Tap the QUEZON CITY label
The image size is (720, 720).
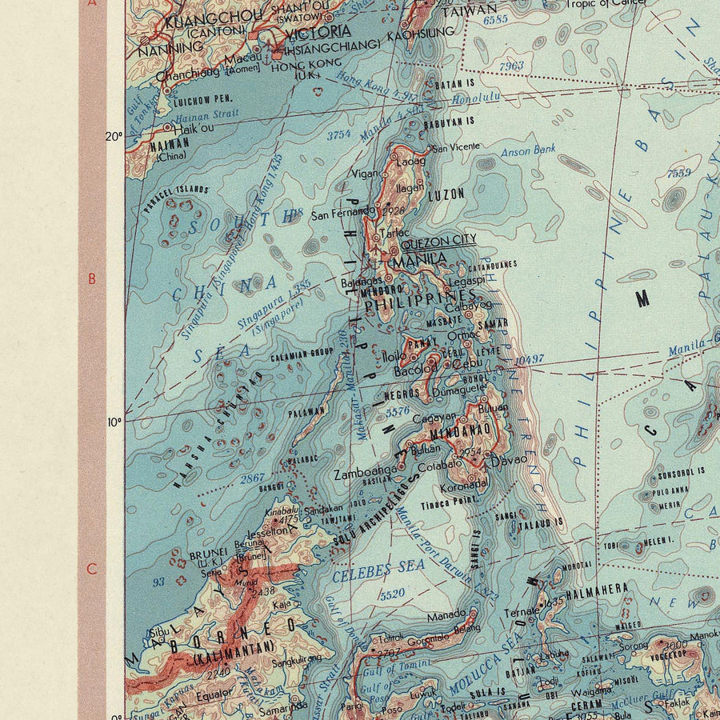coord(437,240)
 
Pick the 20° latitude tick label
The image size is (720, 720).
coord(114,135)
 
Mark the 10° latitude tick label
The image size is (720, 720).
coord(114,422)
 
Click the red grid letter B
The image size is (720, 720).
coord(92,279)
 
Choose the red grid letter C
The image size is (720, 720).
coord(92,570)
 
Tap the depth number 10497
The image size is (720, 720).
coord(529,361)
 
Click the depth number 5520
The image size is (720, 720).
coord(392,594)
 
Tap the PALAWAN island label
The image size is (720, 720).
coord(306,413)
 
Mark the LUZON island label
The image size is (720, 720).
coord(446,194)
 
